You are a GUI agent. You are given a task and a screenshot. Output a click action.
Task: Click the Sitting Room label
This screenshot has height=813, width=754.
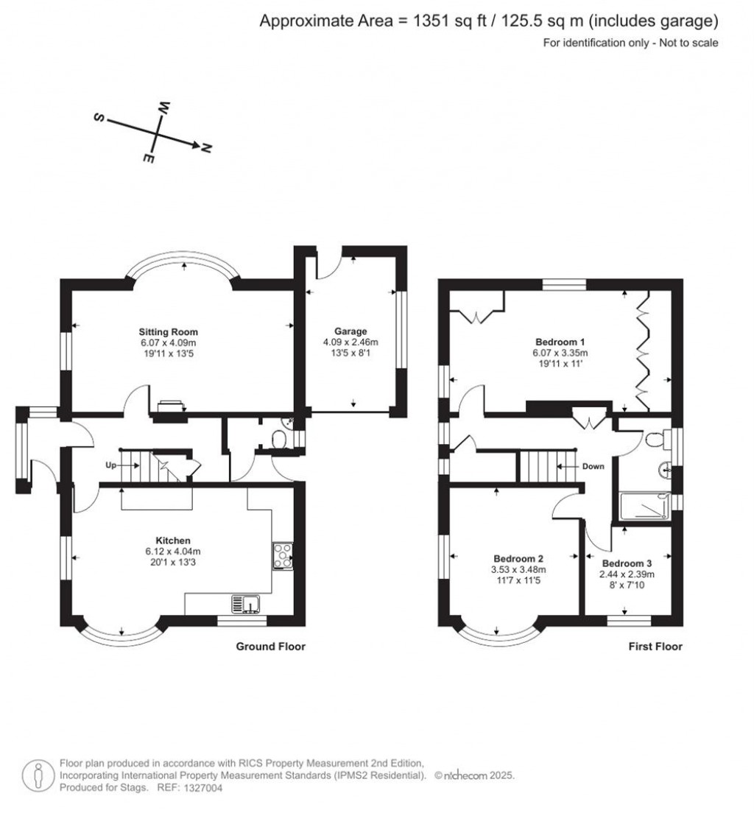(169, 331)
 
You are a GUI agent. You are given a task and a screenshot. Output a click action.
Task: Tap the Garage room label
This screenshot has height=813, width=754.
(349, 331)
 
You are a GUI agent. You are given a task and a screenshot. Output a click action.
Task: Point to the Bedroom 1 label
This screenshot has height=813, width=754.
(560, 342)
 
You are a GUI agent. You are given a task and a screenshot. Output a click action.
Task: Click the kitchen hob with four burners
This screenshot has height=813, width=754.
(283, 555)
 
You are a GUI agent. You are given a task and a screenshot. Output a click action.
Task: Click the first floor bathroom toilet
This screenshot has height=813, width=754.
(654, 440)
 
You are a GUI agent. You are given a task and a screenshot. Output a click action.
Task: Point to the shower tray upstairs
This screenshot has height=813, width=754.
(646, 507)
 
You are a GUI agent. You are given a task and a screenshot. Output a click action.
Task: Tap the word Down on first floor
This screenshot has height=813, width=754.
(593, 466)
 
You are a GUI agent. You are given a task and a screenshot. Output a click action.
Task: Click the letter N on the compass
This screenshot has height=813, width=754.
(207, 149)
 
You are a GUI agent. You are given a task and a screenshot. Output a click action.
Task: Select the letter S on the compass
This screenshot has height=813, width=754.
(97, 118)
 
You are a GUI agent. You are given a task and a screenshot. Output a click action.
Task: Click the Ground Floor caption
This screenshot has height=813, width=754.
(270, 647)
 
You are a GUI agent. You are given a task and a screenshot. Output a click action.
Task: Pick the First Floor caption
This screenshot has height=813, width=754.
(655, 647)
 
